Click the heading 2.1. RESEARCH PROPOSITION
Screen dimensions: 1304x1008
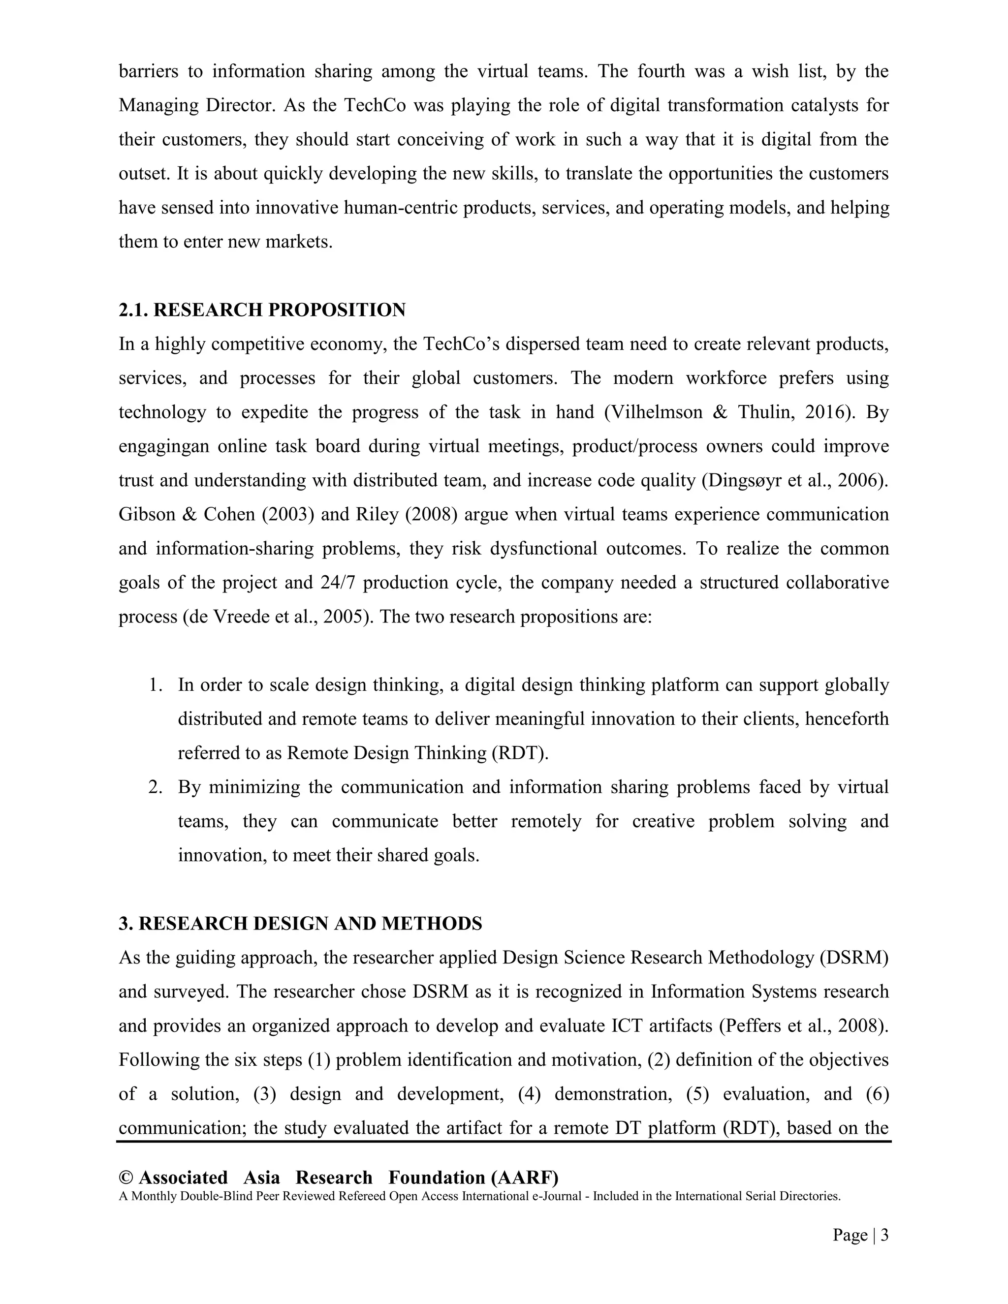[262, 310]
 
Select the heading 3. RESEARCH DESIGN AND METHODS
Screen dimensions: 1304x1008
[300, 924]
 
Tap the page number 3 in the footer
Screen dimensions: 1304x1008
[884, 1235]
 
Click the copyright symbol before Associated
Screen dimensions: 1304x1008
[126, 1178]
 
